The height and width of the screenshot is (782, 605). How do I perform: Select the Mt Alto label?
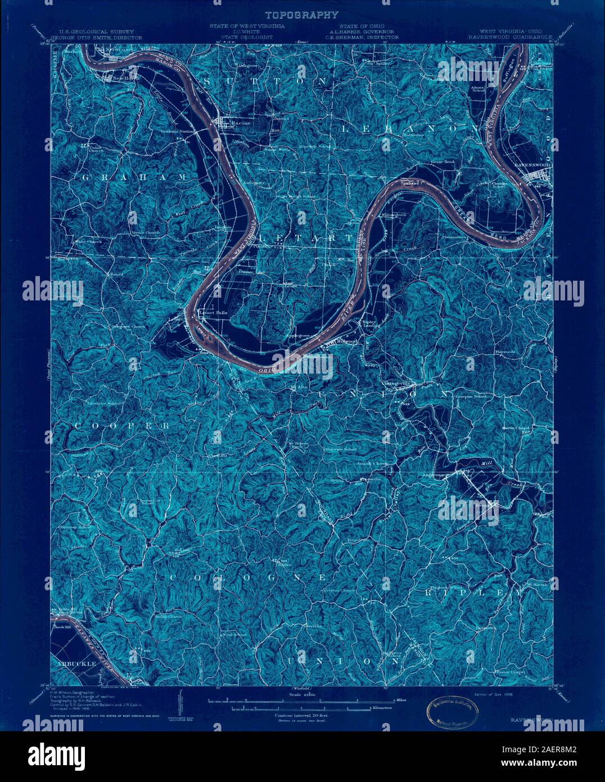(x=297, y=388)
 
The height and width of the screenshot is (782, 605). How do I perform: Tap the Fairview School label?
(x=340, y=450)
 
